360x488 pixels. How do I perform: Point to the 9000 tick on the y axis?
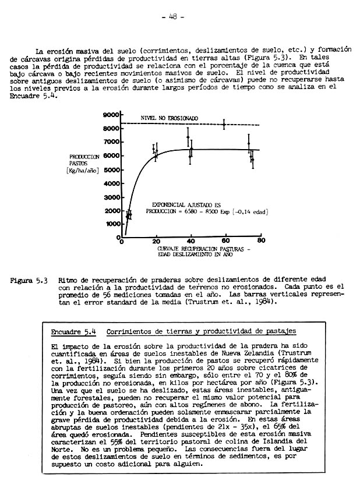click(x=112, y=116)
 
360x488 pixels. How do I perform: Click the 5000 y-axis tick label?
click(x=112, y=169)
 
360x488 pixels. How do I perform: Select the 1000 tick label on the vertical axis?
click(x=112, y=224)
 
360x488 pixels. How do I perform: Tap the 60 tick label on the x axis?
click(x=225, y=241)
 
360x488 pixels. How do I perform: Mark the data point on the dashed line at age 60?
click(x=224, y=124)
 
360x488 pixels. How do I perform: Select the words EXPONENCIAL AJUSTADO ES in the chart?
click(x=185, y=206)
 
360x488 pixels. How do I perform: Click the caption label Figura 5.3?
click(x=29, y=280)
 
